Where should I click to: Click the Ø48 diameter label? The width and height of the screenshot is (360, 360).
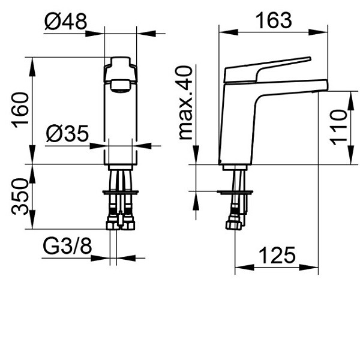pyautogui.click(x=65, y=22)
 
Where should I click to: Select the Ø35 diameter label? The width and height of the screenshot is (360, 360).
pyautogui.click(x=67, y=133)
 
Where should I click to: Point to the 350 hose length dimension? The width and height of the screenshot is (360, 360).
pyautogui.click(x=20, y=196)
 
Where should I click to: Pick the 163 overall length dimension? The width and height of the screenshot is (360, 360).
pyautogui.click(x=273, y=20)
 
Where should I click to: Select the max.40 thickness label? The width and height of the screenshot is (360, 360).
pyautogui.click(x=188, y=103)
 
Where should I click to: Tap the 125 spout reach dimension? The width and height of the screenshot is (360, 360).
pyautogui.click(x=277, y=256)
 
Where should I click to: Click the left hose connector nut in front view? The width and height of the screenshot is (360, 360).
pyautogui.click(x=112, y=223)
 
